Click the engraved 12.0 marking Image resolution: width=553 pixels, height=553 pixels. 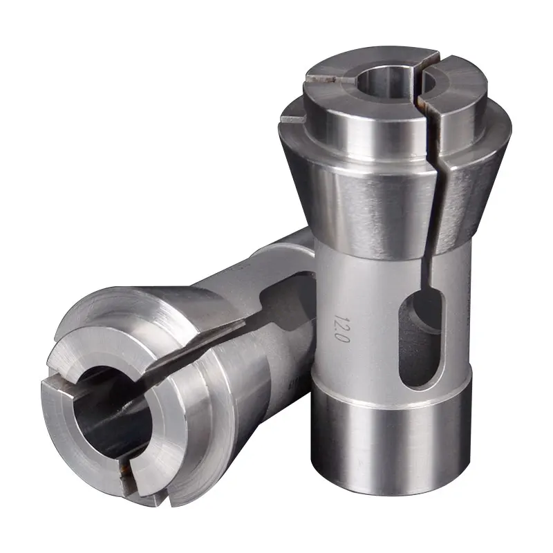click(x=341, y=328)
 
